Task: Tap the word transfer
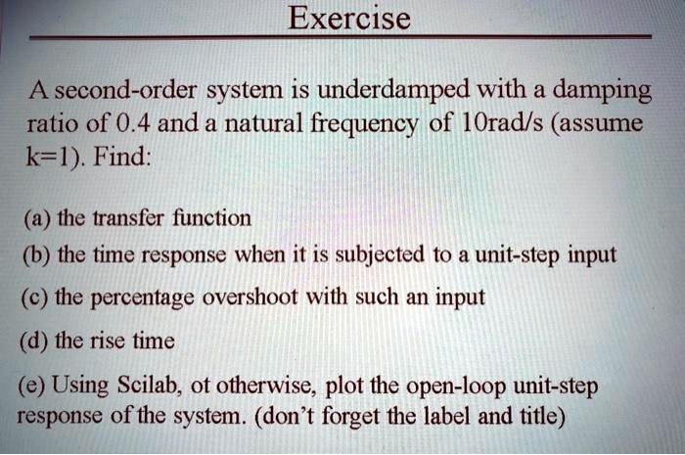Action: [x=122, y=217]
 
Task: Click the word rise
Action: [x=114, y=341]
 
